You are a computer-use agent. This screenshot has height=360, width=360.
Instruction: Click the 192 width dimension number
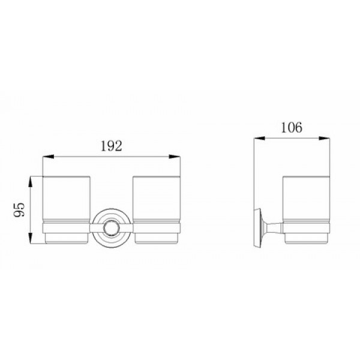pos(112,146)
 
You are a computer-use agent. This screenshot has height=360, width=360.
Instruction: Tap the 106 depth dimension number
pos(292,127)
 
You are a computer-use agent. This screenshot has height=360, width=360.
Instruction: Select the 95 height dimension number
pos(19,209)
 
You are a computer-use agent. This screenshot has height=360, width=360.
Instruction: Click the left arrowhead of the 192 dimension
pos(48,157)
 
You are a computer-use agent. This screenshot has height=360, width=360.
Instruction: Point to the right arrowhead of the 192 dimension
pos(175,157)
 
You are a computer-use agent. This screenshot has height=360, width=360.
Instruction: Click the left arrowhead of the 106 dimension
pos(259,138)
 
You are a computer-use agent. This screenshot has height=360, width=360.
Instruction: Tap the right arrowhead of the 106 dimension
pos(324,138)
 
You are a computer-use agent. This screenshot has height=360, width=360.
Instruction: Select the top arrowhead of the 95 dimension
pos(31,182)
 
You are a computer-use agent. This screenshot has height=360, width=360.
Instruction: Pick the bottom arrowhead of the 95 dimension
pos(31,238)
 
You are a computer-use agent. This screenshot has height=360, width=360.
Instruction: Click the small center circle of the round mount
pos(112,228)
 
